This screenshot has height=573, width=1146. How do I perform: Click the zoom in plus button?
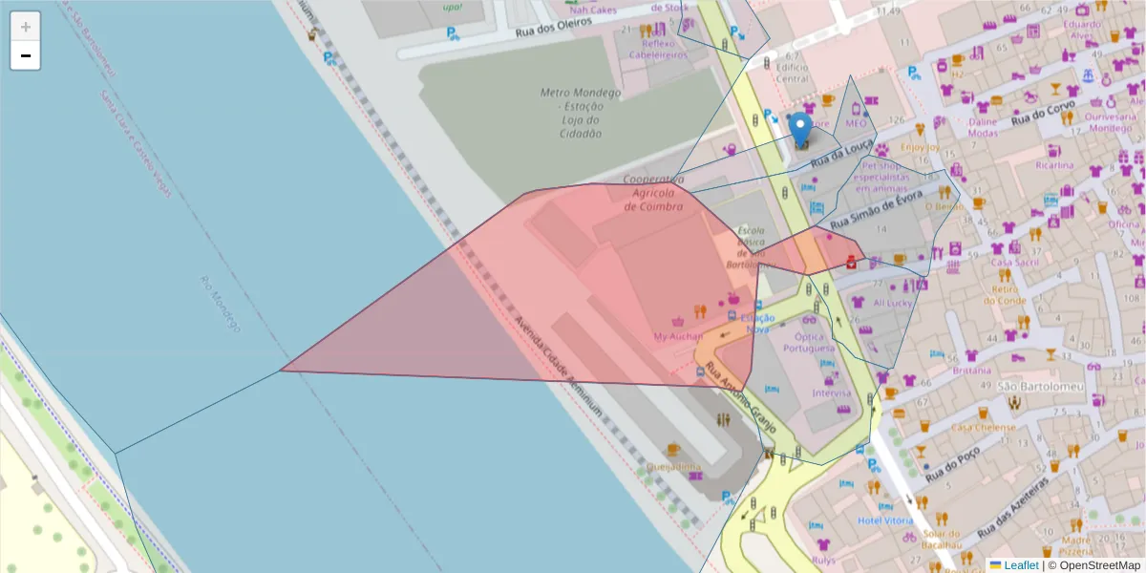tap(26, 27)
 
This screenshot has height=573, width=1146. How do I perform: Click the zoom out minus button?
tap(26, 56)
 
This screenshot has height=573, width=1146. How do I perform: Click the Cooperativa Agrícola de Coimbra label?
tap(652, 193)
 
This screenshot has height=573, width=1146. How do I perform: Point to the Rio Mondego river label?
tap(219, 304)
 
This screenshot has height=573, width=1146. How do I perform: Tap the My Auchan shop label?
tap(678, 336)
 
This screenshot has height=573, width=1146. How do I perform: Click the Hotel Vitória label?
tap(885, 520)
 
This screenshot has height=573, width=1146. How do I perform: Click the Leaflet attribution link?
tap(1019, 565)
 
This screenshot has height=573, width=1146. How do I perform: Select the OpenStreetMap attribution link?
tap(1093, 565)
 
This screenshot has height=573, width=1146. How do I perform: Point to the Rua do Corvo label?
tap(1043, 115)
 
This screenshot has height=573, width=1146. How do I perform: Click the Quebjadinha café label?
tap(673, 467)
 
